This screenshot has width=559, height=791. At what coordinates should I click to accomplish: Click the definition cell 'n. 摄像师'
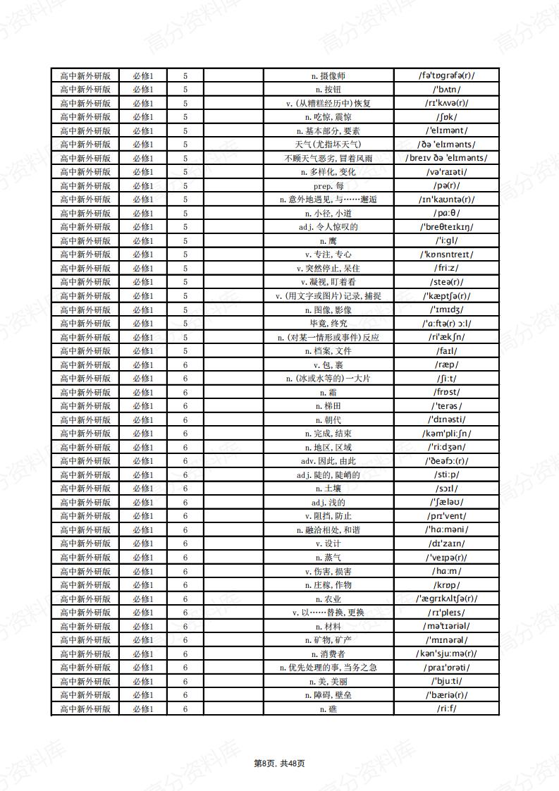point(328,75)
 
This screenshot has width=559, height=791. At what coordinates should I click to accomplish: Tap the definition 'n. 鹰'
point(328,240)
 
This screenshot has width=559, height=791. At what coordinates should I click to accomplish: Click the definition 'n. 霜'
point(328,392)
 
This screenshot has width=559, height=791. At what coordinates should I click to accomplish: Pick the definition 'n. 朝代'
point(328,419)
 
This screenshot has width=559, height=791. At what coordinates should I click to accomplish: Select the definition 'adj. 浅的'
point(328,502)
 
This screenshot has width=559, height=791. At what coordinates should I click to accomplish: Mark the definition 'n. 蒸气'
point(328,557)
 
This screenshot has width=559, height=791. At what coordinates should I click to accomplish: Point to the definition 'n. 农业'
point(328,599)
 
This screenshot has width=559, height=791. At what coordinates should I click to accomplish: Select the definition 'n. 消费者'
point(328,654)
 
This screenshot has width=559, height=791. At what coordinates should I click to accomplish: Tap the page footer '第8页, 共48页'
point(279,763)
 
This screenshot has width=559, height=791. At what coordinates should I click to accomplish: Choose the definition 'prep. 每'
point(328,185)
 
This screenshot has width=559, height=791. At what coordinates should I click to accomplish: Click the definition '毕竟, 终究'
point(328,323)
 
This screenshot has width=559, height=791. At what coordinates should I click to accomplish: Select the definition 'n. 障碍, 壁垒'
point(328,694)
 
